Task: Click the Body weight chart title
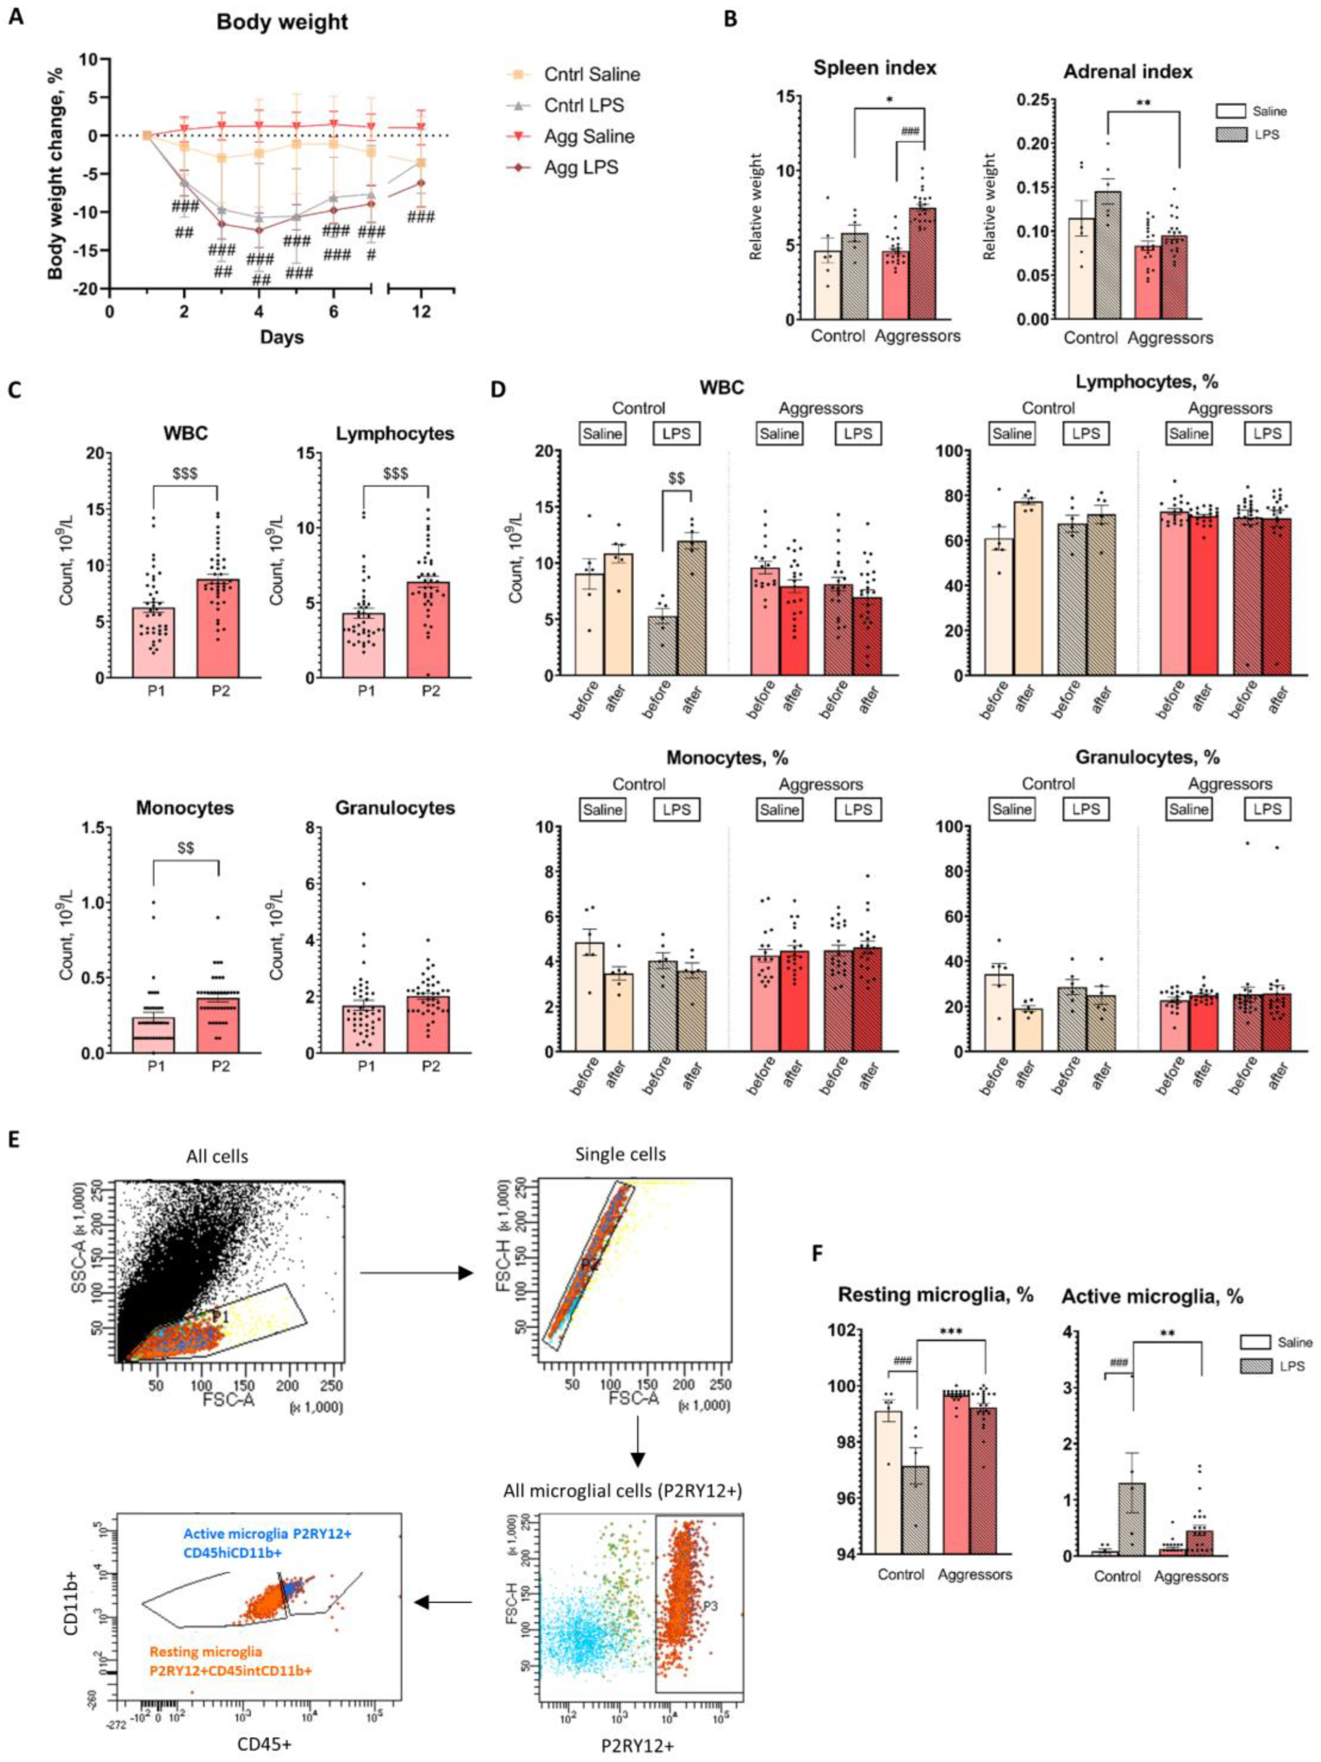pos(282,22)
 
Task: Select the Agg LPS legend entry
pos(581,167)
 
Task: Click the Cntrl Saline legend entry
pos(591,74)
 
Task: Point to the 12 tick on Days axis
pos(421,311)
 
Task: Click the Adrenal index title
pos(1128,71)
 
